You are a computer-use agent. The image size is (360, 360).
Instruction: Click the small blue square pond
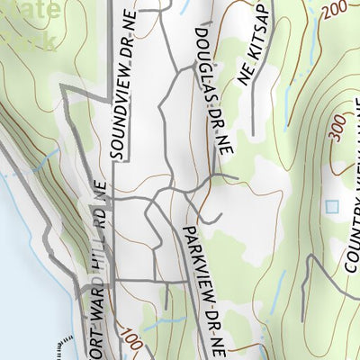click(x=332, y=206)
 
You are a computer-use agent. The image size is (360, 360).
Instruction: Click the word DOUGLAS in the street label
click(x=203, y=56)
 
